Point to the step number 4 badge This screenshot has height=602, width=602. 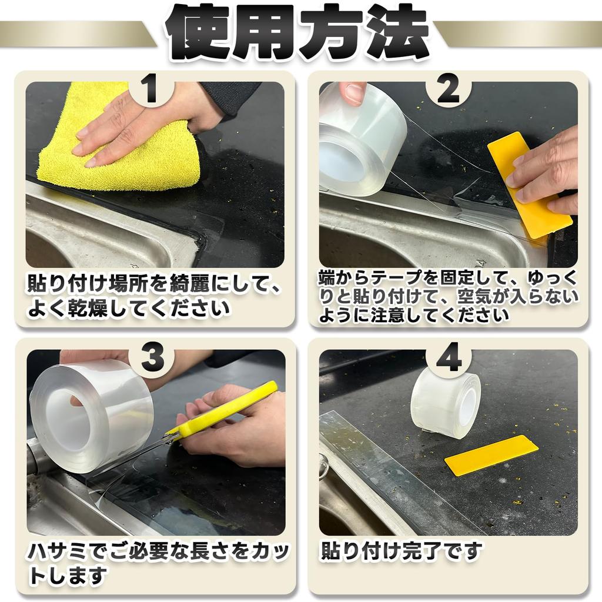click(449, 357)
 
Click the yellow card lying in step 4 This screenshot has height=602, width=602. click(491, 455)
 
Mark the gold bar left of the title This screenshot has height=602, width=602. click(76, 34)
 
